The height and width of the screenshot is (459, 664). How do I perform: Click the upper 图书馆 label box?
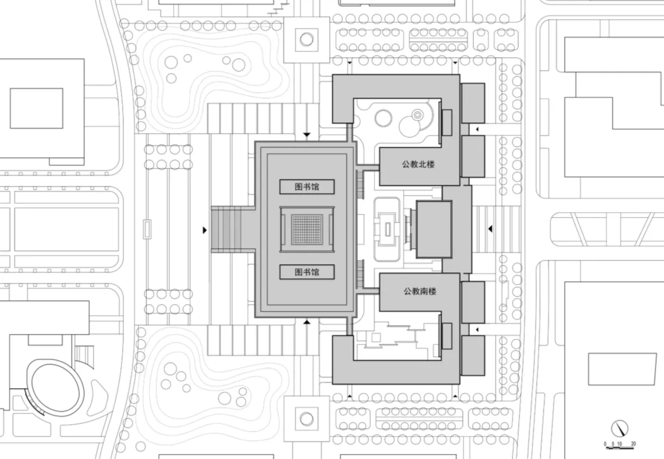coord(307,187)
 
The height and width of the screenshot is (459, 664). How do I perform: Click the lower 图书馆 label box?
coord(307,272)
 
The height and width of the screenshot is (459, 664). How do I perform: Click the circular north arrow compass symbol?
coord(620,429)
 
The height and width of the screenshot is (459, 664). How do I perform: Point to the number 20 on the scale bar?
coord(633,444)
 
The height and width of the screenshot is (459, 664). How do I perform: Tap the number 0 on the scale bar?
coord(606,444)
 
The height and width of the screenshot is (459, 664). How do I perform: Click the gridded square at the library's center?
coord(307,229)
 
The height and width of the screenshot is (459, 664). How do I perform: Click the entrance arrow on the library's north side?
coord(306,135)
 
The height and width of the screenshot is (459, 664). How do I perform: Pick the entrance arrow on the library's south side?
coord(306,322)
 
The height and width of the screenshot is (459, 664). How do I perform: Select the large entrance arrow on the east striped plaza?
coord(490,229)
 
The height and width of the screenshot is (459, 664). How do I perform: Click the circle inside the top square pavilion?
coord(306,39)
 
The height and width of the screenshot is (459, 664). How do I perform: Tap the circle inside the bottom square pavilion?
coord(306,418)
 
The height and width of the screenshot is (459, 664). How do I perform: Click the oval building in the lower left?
coord(55,386)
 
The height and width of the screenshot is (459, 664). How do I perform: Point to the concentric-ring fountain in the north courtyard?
coord(418,114)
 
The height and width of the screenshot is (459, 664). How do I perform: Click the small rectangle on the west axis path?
coord(147,229)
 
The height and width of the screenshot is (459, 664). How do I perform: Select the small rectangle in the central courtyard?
coord(387,229)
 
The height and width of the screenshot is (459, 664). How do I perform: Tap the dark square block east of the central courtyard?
coord(433,229)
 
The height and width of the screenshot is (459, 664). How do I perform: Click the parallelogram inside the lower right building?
coord(622,369)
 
